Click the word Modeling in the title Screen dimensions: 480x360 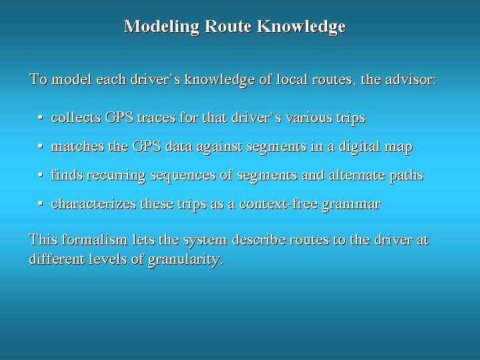click(x=162, y=27)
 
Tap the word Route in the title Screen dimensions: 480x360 click(x=228, y=26)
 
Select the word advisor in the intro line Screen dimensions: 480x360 click(x=411, y=79)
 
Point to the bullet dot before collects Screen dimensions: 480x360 click(x=40, y=118)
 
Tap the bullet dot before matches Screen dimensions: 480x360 click(x=40, y=146)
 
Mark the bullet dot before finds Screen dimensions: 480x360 click(x=40, y=175)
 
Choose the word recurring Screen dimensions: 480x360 click(x=116, y=176)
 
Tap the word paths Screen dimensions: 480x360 click(x=406, y=176)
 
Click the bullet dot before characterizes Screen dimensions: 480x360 click(x=40, y=204)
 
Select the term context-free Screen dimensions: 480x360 click(x=278, y=204)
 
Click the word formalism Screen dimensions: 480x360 click(x=94, y=239)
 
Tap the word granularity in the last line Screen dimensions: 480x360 click(x=186, y=260)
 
